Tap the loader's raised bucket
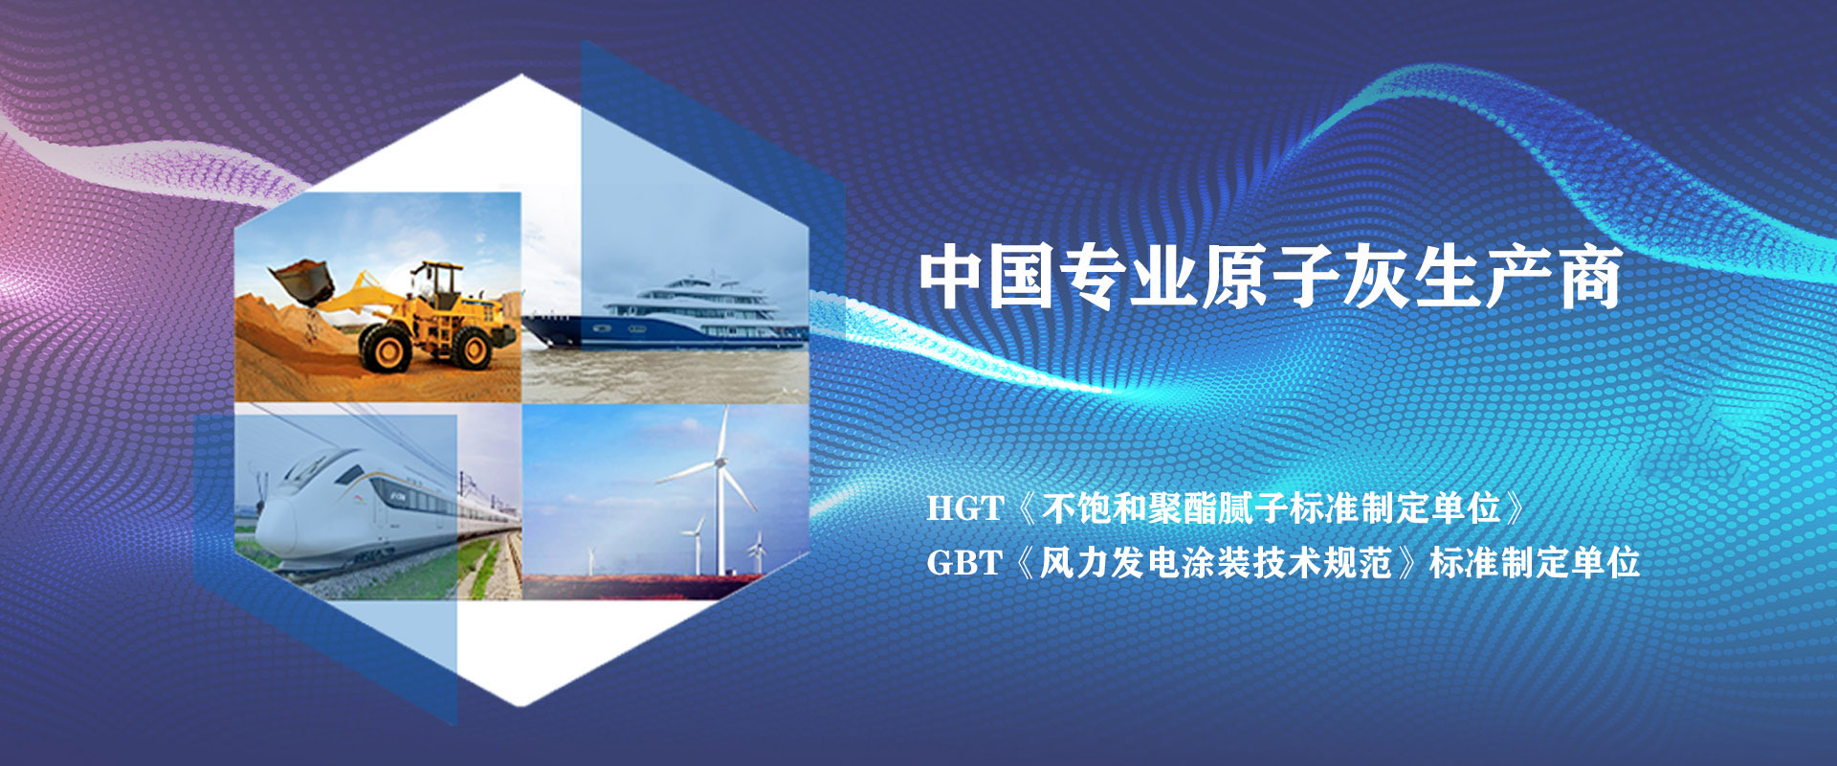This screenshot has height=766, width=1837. [x=302, y=282]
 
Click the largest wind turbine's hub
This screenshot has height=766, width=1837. [x=719, y=463]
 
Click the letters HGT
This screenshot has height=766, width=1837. [x=964, y=508]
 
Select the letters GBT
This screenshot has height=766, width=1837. [x=963, y=563]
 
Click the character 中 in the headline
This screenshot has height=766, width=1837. [x=952, y=277]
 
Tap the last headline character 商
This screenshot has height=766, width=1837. [x=1590, y=277]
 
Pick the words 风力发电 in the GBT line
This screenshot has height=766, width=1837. [x=1109, y=563]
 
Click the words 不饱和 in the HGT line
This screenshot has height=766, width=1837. [x=1094, y=508]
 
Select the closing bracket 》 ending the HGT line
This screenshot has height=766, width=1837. [x=1516, y=508]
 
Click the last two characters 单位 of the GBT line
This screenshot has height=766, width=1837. [x=1605, y=563]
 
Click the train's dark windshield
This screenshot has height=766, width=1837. [x=309, y=471]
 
